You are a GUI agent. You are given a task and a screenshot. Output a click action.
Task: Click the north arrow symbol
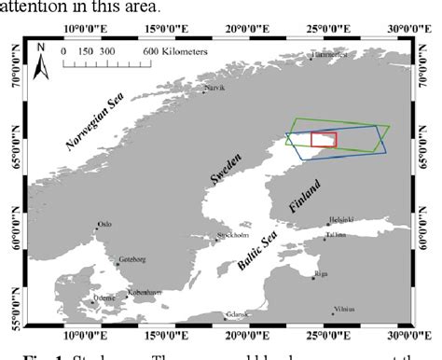[x=40, y=59]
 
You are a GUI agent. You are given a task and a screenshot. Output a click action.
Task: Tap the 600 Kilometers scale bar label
[x=175, y=51]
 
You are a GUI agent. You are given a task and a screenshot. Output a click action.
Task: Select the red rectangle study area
[x=324, y=139]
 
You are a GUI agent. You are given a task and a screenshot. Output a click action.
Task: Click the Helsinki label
[x=342, y=222]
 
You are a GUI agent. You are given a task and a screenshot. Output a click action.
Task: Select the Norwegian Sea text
[x=96, y=127]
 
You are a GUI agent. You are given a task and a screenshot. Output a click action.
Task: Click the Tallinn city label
[x=336, y=237]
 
